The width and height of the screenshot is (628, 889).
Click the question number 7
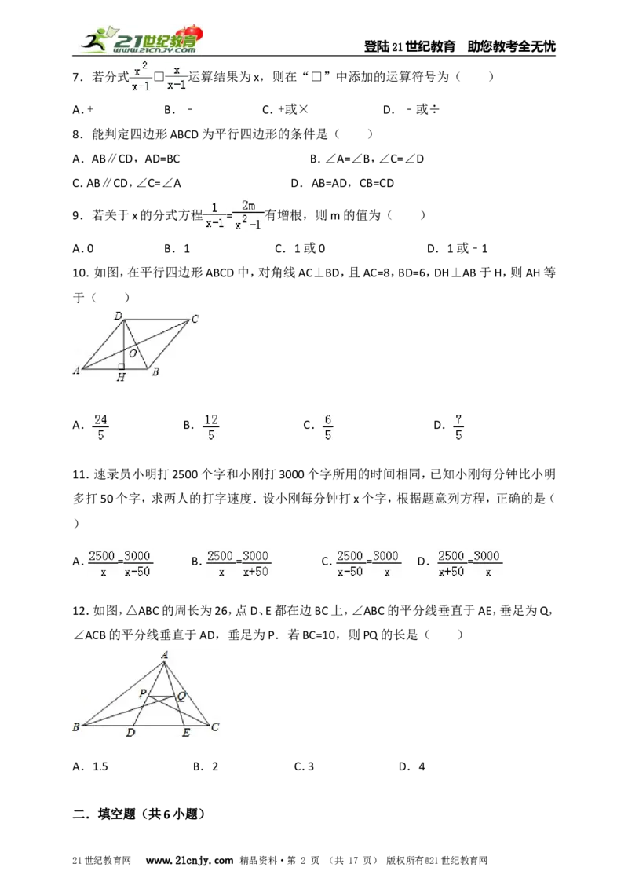(78, 77)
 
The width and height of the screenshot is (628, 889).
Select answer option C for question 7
(285, 109)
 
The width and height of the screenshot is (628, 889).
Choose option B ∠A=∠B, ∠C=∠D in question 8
(367, 159)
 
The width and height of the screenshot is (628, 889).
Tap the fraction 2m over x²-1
(248, 215)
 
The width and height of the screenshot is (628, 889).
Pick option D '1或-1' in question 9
(458, 248)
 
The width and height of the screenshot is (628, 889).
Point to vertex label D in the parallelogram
(118, 316)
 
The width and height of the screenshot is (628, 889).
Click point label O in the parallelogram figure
(133, 353)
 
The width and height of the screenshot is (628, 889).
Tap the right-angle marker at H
(122, 367)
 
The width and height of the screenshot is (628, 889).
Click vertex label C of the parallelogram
(195, 319)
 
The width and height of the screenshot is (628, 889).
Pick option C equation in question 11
(361, 563)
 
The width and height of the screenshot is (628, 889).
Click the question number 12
(81, 611)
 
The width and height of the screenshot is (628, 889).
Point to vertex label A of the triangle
(164, 655)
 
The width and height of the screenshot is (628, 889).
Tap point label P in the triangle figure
(142, 693)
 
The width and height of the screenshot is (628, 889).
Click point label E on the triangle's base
(186, 733)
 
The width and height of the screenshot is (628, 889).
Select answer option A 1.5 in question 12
(90, 766)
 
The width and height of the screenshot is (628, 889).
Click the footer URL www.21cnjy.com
(189, 860)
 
